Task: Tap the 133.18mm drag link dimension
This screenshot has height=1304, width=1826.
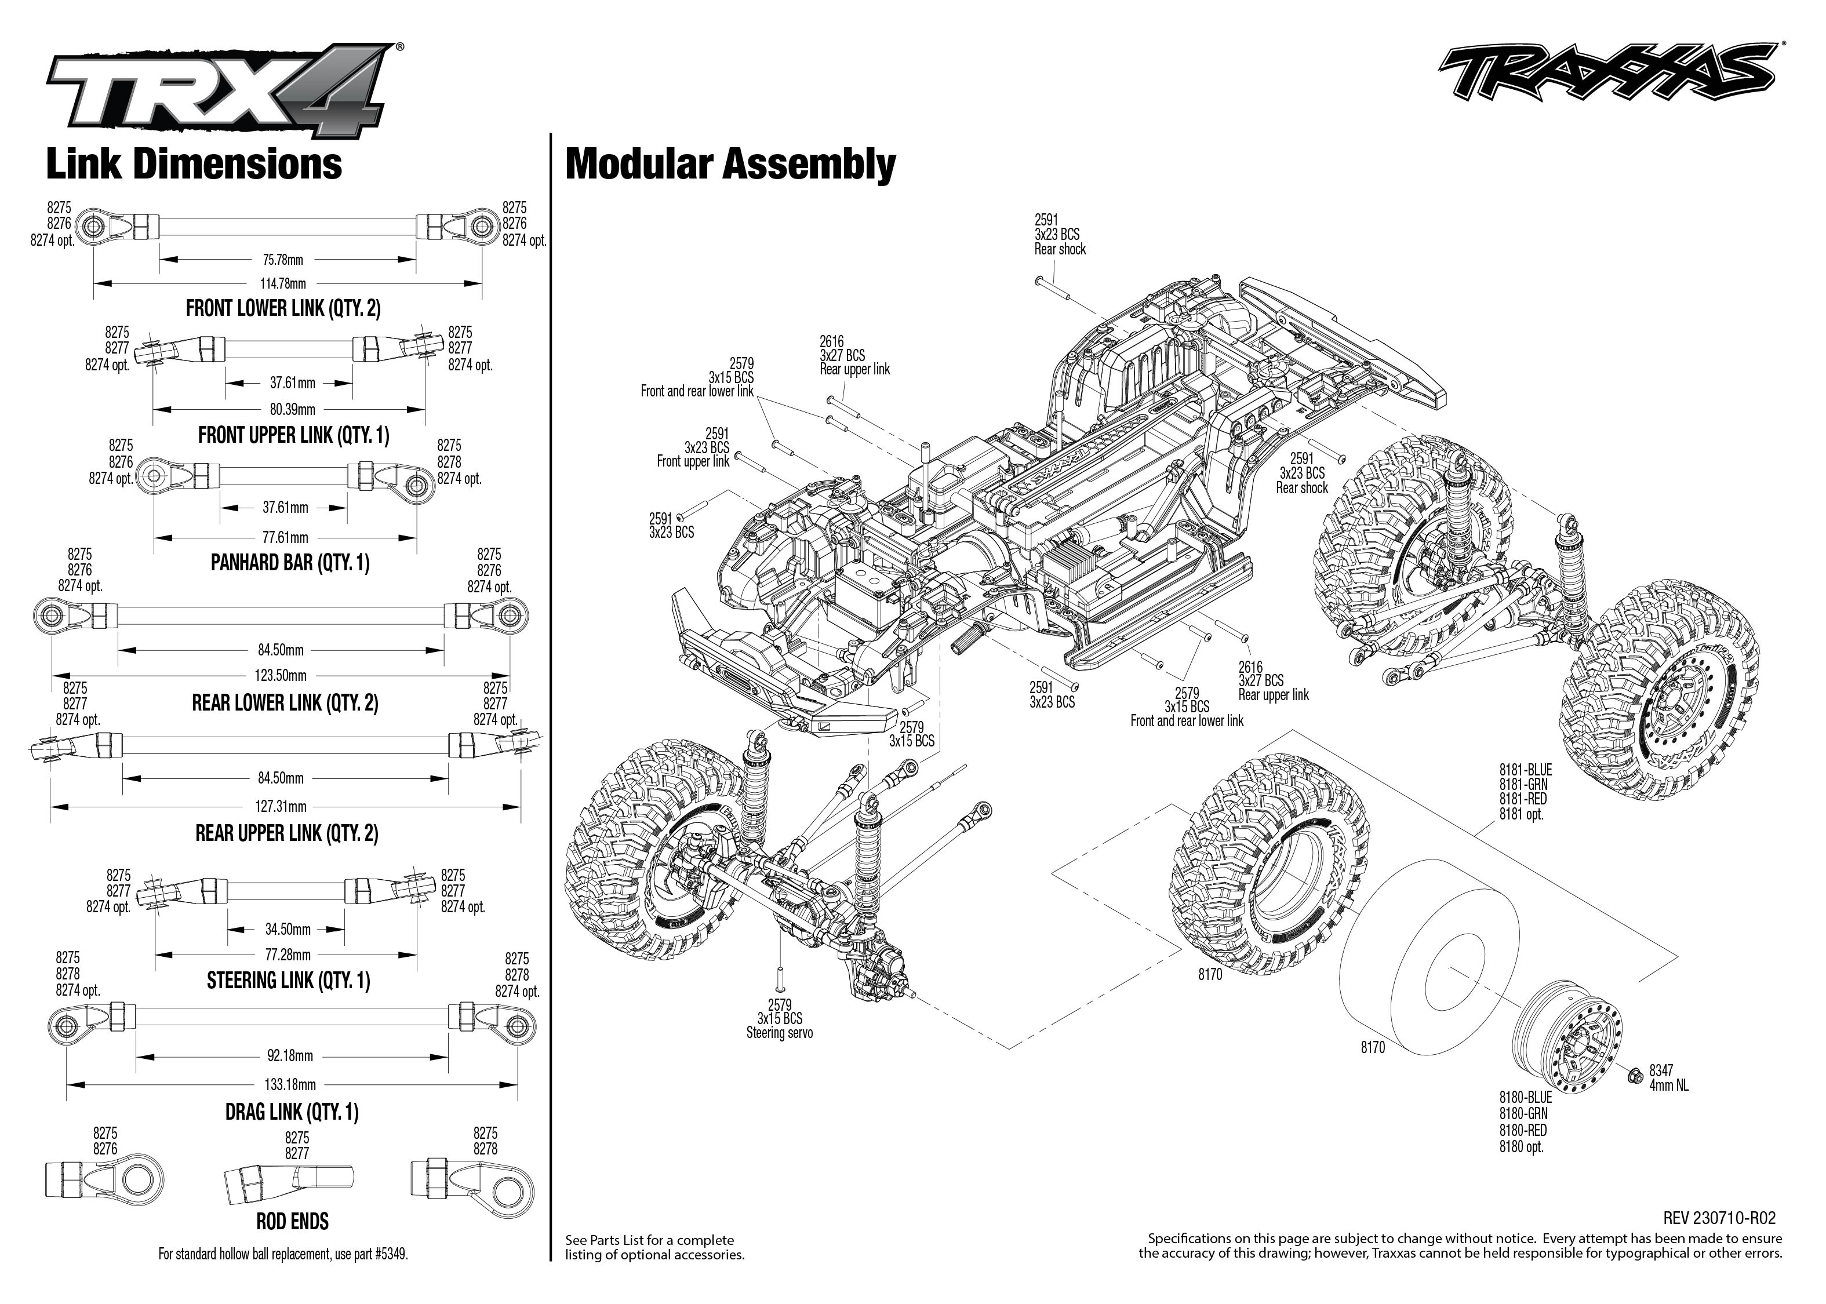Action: pos(290,1085)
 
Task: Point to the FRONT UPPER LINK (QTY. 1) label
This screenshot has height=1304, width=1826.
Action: pos(293,435)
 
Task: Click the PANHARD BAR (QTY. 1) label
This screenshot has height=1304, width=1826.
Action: pos(290,563)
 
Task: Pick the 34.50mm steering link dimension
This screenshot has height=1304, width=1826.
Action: pos(288,929)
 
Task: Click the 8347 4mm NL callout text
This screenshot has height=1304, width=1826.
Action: pos(1668,1077)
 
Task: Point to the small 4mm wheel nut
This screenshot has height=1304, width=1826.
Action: pos(1634,1075)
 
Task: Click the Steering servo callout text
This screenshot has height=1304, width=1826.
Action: pos(779,1033)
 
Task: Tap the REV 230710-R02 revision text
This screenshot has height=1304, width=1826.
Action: pos(1719,1218)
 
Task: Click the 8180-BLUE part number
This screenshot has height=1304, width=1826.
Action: pos(1525,1097)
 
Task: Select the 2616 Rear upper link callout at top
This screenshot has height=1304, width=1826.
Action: pos(854,356)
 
